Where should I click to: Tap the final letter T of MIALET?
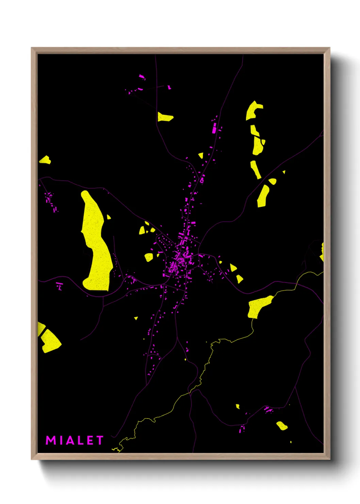[100, 440]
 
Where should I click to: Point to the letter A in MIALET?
[70, 440]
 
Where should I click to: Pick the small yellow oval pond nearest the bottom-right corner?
[282, 426]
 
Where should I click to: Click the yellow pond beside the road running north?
[165, 117]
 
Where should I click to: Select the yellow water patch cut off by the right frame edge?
[322, 252]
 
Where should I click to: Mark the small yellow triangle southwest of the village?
[136, 318]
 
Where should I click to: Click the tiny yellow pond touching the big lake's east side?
[109, 217]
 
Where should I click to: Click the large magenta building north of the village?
[214, 128]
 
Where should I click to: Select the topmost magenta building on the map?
[142, 77]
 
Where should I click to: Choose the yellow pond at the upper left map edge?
[45, 160]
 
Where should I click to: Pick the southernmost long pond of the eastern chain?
[263, 196]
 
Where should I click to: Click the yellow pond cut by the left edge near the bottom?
[49, 339]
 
